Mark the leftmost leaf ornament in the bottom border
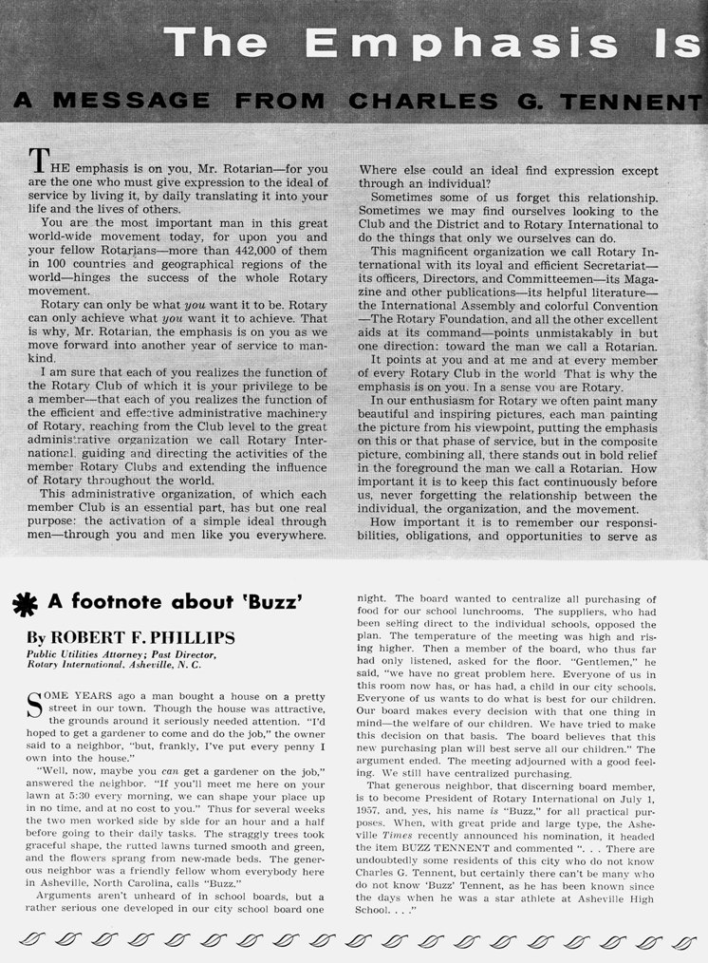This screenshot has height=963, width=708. point(31,940)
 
